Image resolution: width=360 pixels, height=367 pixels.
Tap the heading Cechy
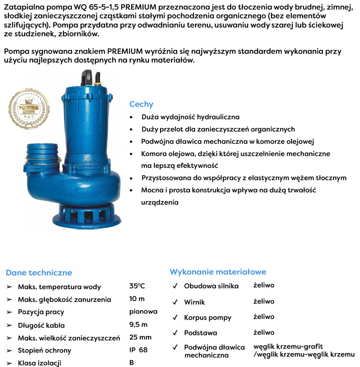141,104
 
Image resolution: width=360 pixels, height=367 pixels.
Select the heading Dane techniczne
39,272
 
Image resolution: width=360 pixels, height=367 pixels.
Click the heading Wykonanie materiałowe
218,272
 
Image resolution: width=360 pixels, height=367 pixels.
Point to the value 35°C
137,286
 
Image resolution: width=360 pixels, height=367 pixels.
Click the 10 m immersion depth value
137,299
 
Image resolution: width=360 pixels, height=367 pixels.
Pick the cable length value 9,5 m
139,325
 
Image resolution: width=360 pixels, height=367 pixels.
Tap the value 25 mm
140,337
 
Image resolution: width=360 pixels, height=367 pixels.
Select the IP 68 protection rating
139,350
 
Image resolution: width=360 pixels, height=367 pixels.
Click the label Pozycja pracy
41,312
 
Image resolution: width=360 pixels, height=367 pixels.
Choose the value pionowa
143,312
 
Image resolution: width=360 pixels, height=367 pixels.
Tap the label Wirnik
194,302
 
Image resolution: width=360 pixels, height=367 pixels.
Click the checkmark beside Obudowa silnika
175,286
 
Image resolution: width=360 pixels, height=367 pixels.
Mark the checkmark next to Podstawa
175,333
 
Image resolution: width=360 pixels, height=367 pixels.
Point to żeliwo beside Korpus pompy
264,317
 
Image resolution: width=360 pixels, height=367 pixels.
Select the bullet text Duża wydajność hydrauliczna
190,117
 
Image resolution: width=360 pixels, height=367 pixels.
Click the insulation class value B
132,363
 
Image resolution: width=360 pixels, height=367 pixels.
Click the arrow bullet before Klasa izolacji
9,363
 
